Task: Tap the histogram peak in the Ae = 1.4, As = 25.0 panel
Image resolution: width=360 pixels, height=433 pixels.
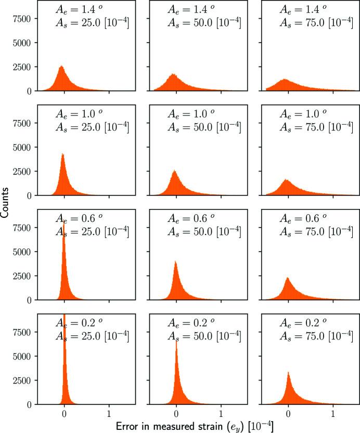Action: click(x=61, y=67)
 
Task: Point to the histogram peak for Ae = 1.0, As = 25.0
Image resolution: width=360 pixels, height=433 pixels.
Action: click(x=62, y=154)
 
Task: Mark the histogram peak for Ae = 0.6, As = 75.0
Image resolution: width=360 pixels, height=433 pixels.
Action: click(x=288, y=278)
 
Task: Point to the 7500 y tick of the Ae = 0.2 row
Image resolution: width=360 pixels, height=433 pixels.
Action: click(x=23, y=333)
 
